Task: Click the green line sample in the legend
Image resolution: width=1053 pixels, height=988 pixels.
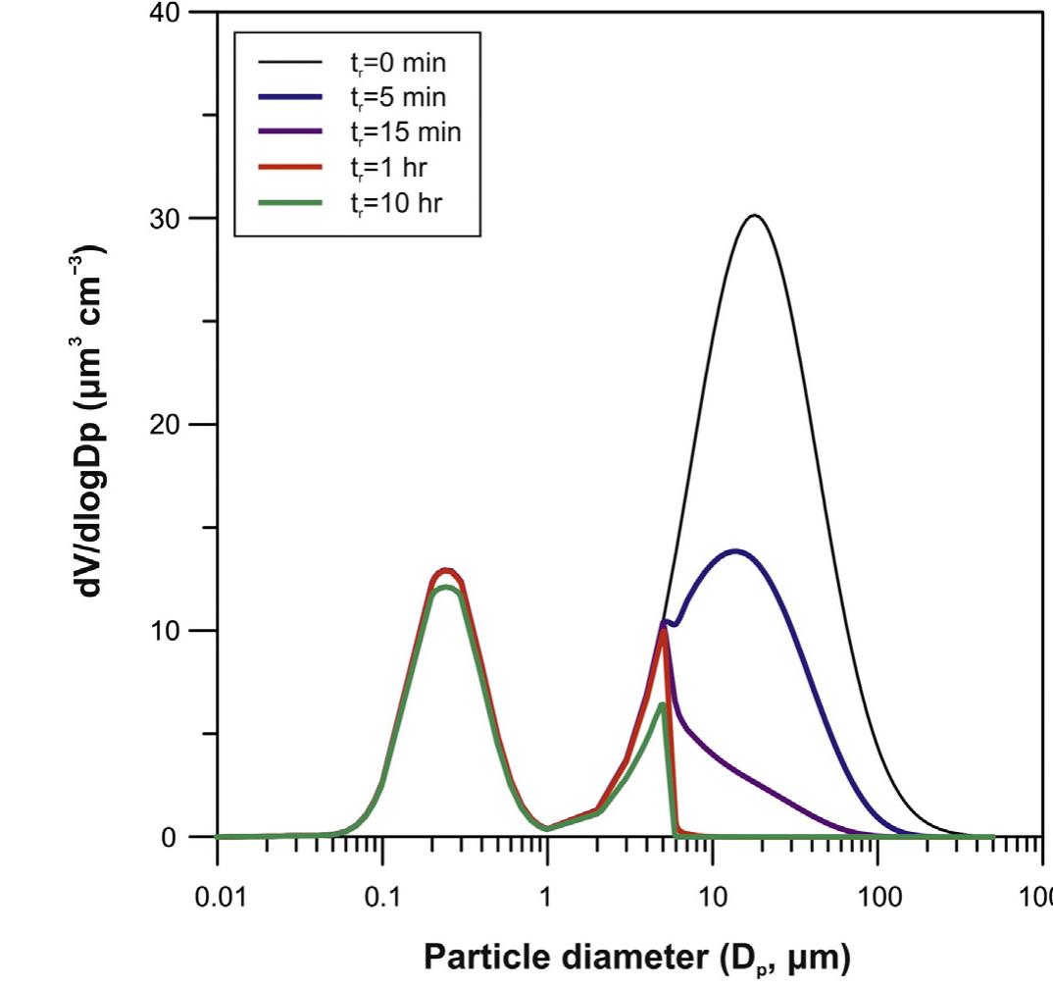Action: pos(291,198)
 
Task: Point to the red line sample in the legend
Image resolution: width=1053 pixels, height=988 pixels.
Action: pos(291,165)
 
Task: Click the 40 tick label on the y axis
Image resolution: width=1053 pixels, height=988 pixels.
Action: pos(166,13)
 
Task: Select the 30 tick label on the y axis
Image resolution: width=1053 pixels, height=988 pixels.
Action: pos(166,218)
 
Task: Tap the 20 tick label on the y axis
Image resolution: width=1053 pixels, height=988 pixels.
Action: pos(166,424)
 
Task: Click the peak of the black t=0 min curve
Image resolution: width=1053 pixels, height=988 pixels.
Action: pos(754,216)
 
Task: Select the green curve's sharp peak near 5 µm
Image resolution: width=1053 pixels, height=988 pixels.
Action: pos(662,704)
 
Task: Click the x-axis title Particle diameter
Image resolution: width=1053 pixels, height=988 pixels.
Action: pos(637,957)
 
